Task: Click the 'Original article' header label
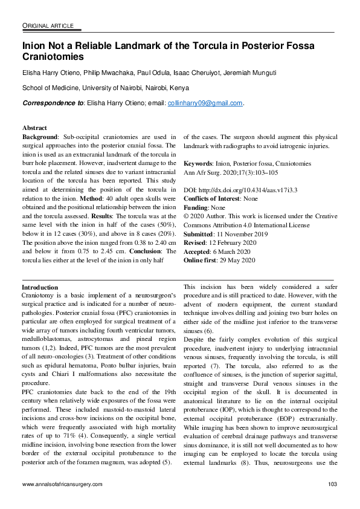[x=48, y=25]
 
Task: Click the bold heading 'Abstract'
[x=34, y=128]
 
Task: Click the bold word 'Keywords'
[x=197, y=163]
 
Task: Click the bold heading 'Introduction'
[x=39, y=287]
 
